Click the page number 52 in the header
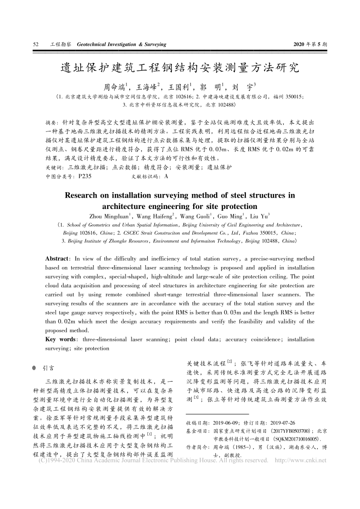(x=35, y=44)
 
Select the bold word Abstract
(x=56, y=258)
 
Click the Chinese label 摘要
(x=52, y=123)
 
